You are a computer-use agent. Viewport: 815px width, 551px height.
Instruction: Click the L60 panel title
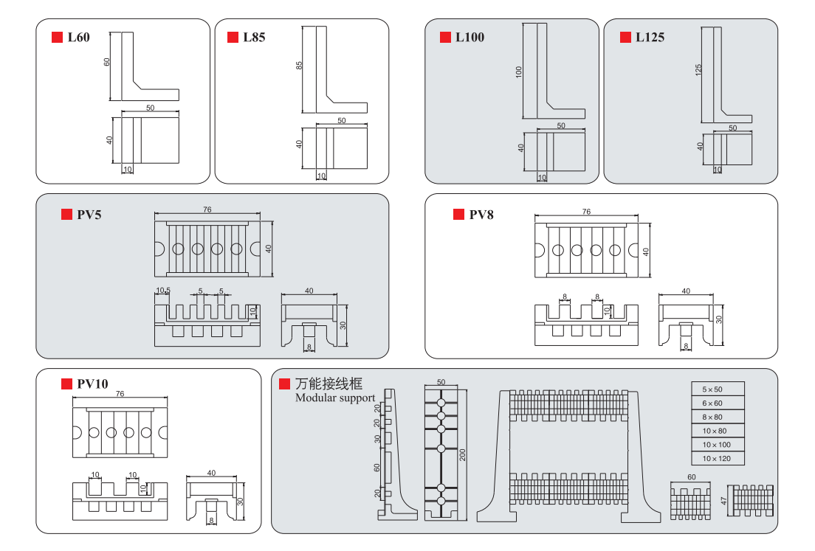pos(78,37)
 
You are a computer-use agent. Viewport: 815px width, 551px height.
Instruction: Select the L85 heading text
pos(254,37)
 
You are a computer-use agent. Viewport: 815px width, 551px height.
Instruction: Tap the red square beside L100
pos(445,37)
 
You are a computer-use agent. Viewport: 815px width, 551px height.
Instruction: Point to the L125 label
pos(650,37)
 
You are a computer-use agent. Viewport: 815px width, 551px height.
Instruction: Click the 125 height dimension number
pos(698,70)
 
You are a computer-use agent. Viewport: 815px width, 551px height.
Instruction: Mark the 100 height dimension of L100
pos(519,72)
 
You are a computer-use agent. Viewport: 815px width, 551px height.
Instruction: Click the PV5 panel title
pos(89,215)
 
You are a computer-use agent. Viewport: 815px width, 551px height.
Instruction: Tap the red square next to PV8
pos(458,215)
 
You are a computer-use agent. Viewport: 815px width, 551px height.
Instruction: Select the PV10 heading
pos(92,384)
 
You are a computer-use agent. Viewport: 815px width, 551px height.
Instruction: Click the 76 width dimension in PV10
pos(120,394)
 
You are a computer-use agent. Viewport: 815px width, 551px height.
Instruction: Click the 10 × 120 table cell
pos(717,459)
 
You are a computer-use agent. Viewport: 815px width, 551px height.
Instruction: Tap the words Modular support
pos(334,398)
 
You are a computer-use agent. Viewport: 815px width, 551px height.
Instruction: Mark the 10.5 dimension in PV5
pos(162,291)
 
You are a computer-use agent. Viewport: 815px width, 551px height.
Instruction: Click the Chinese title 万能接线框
pos(329,384)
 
